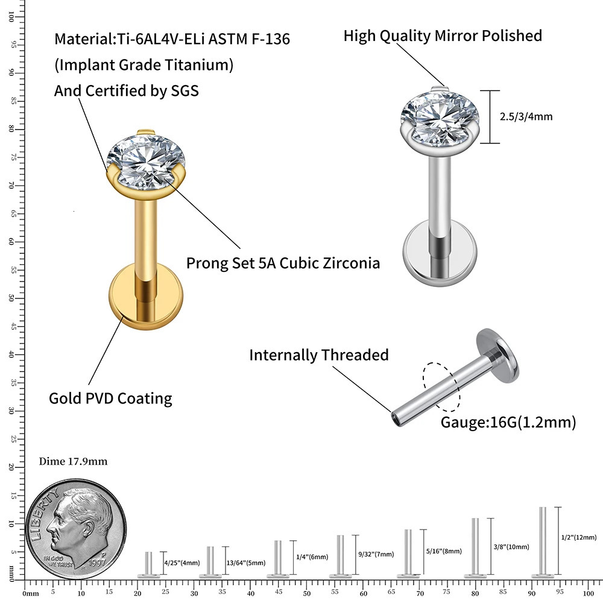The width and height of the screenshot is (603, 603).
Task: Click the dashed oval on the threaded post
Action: [x=442, y=385]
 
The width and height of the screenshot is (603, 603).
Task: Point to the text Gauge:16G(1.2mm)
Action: [x=508, y=423]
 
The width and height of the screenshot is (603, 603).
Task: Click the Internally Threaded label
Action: [x=319, y=355]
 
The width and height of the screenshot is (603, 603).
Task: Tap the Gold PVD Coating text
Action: [x=110, y=399]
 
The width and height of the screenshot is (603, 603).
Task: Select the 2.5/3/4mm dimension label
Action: [x=526, y=117]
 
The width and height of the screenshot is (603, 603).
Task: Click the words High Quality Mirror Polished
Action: [x=443, y=36]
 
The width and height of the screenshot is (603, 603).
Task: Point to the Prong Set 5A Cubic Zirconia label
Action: [x=283, y=264]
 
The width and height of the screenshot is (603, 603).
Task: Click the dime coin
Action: [x=76, y=525]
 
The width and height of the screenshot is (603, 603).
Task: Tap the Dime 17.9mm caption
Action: [x=73, y=462]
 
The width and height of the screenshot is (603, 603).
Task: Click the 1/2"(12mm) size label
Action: [x=578, y=537]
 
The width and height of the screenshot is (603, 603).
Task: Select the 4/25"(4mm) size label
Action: [x=182, y=563]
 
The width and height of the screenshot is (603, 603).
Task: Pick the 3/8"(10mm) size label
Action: [x=511, y=547]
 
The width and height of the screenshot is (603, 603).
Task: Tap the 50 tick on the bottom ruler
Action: [x=306, y=593]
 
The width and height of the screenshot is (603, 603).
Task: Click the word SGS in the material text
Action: [x=183, y=91]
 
